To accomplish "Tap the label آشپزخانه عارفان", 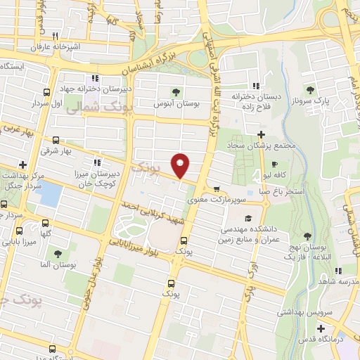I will [50, 46].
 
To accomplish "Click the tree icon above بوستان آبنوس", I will [176, 91].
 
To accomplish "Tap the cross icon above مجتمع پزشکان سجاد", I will [261, 134].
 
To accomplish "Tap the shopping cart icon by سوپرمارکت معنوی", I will [216, 188].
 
